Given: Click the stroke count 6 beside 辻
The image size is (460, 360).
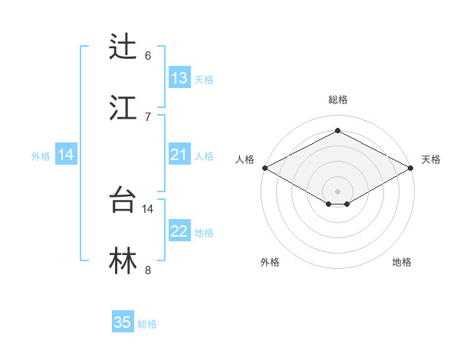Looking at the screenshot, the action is [148, 56].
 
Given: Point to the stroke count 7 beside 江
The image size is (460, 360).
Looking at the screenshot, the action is [148, 116].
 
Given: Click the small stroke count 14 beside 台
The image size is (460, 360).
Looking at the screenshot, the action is [148, 208].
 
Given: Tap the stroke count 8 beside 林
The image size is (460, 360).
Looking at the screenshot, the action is [148, 270].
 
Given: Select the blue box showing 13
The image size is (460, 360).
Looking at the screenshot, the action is [179, 78].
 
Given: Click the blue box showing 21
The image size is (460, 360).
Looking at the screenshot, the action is [179, 155].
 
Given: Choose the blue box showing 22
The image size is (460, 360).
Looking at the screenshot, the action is [179, 232].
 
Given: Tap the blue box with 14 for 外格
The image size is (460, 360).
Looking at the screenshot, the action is [66, 155].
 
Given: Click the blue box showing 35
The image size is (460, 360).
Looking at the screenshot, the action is [123, 322].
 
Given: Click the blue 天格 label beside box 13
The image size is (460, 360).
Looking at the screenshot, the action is [204, 79].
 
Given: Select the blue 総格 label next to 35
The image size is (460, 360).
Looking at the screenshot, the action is [147, 324].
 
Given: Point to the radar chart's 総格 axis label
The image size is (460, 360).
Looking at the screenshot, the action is [337, 100].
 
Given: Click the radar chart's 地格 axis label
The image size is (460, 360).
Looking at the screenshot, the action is [402, 262].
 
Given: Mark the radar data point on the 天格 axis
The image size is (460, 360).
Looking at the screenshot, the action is [412, 168].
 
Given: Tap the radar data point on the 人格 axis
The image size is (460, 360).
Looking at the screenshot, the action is [264, 168].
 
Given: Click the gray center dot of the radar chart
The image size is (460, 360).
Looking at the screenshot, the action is [337, 191].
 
